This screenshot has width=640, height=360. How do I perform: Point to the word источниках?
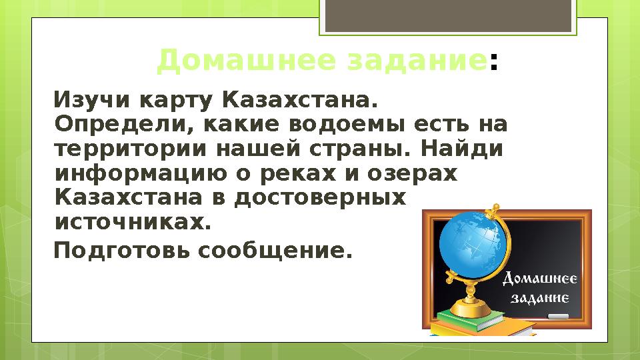131,221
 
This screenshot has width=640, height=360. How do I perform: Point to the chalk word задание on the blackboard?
539,298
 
